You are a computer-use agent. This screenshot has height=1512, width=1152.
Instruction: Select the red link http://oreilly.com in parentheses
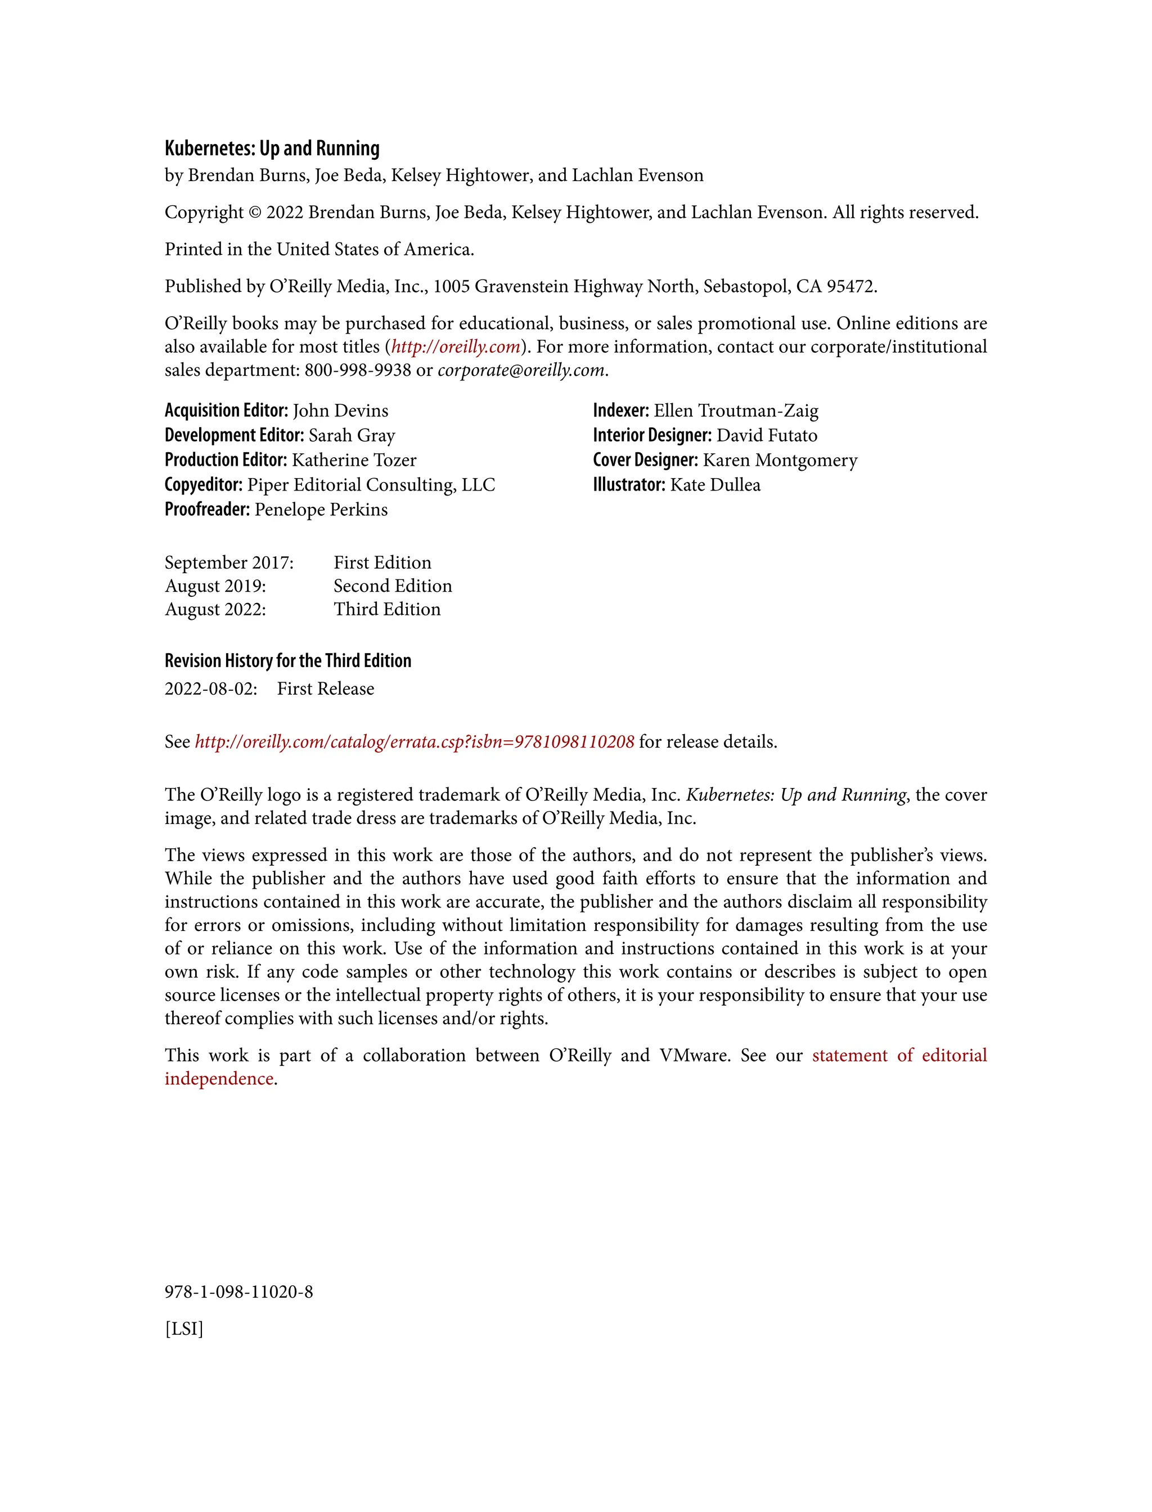(x=455, y=347)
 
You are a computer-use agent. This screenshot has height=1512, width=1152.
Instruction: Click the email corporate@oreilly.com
(x=521, y=370)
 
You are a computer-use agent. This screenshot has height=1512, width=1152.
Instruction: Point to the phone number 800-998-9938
(x=357, y=370)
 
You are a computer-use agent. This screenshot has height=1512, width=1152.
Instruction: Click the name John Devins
(x=340, y=411)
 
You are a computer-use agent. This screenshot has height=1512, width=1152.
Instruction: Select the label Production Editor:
(x=226, y=460)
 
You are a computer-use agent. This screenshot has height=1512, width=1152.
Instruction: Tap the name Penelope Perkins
(x=321, y=510)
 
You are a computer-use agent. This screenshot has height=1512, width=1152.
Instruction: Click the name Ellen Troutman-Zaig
(x=736, y=411)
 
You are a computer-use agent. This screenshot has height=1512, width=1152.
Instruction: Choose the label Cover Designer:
(x=645, y=460)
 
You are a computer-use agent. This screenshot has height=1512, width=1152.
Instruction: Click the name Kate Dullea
(x=715, y=485)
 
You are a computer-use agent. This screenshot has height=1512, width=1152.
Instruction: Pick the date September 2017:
(x=229, y=563)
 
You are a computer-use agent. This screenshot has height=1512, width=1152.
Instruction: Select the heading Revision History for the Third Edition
(x=288, y=660)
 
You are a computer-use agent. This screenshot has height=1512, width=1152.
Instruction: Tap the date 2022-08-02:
(x=210, y=689)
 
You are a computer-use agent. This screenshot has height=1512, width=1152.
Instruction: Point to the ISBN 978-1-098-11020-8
(x=238, y=1293)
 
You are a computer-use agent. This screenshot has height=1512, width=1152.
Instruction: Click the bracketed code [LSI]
(x=184, y=1330)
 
